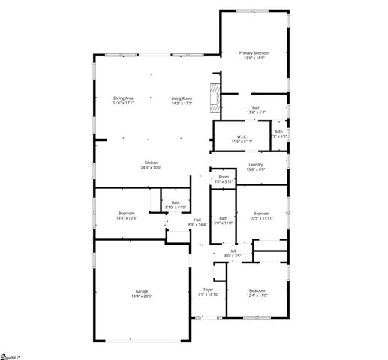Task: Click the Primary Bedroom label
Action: coord(254,52)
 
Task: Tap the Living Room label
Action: coord(182,98)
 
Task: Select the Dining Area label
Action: coord(123,98)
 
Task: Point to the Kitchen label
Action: coord(152,163)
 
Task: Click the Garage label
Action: coord(141,292)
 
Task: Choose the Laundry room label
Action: coord(255,165)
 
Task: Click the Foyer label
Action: coord(208,289)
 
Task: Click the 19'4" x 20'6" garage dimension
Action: coord(141,296)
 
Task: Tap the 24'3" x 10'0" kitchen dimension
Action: coord(152,168)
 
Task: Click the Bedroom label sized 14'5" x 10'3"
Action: coord(125,214)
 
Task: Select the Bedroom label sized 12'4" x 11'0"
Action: coord(257,289)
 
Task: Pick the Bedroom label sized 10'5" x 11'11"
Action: coord(261,214)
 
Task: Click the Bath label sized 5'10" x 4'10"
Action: coord(176,202)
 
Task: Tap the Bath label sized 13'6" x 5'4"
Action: coord(256,108)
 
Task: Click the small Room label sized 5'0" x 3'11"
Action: coord(224,177)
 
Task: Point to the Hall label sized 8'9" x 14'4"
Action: coord(197,220)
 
